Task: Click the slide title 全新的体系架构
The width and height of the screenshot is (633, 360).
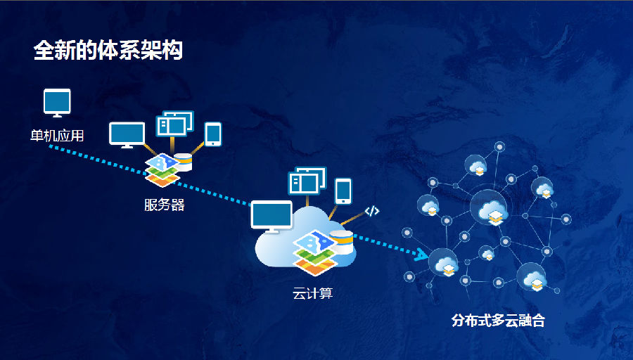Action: coord(108,51)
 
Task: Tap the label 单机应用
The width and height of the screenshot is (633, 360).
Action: coord(56,136)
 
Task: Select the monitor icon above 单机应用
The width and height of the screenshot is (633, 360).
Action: coord(57,103)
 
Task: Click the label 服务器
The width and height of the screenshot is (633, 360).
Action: coord(164,205)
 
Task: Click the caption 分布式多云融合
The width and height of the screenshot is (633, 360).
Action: coord(498,321)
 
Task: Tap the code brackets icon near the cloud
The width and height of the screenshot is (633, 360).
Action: coord(372,210)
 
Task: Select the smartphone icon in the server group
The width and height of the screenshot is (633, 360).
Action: coord(213,134)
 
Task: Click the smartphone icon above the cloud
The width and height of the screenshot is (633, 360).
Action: coord(343,191)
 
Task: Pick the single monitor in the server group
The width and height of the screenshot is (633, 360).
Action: coord(127,134)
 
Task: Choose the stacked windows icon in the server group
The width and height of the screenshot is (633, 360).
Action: coord(174,124)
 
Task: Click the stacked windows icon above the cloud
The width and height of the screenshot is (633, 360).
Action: coord(307,181)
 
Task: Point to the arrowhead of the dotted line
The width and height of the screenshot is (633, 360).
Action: coord(422,255)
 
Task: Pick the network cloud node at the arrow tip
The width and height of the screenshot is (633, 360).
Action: coord(444,265)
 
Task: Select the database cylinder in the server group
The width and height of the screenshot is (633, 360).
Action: coord(184,162)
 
